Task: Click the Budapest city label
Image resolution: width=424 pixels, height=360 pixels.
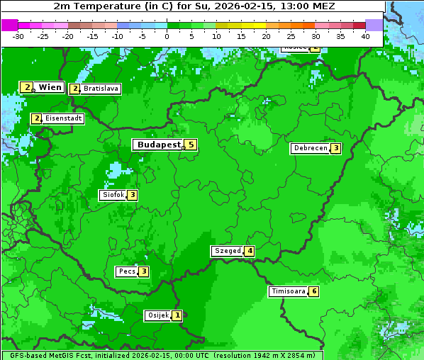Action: (159, 145)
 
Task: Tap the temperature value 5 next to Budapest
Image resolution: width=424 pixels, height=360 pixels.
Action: (190, 145)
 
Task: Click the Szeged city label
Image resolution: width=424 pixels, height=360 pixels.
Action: (227, 251)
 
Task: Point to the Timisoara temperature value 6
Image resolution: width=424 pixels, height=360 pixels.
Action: (313, 291)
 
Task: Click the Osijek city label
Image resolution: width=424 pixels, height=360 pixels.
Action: (157, 315)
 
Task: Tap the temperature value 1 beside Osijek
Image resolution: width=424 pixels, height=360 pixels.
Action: (177, 315)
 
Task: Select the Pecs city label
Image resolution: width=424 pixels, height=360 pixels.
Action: (127, 271)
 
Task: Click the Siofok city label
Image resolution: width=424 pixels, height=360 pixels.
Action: (113, 195)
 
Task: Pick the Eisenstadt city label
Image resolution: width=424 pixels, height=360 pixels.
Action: (63, 118)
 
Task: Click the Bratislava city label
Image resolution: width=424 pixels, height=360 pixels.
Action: (100, 89)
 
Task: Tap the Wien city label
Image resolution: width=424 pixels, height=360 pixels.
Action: (50, 87)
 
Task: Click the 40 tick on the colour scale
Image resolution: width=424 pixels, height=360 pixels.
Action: (365, 36)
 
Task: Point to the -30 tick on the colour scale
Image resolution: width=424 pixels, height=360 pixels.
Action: (18, 36)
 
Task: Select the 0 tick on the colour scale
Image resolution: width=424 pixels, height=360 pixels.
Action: (167, 36)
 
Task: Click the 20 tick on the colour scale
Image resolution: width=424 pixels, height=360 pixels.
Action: (266, 36)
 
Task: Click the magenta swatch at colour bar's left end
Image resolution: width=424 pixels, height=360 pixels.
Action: (9, 25)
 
